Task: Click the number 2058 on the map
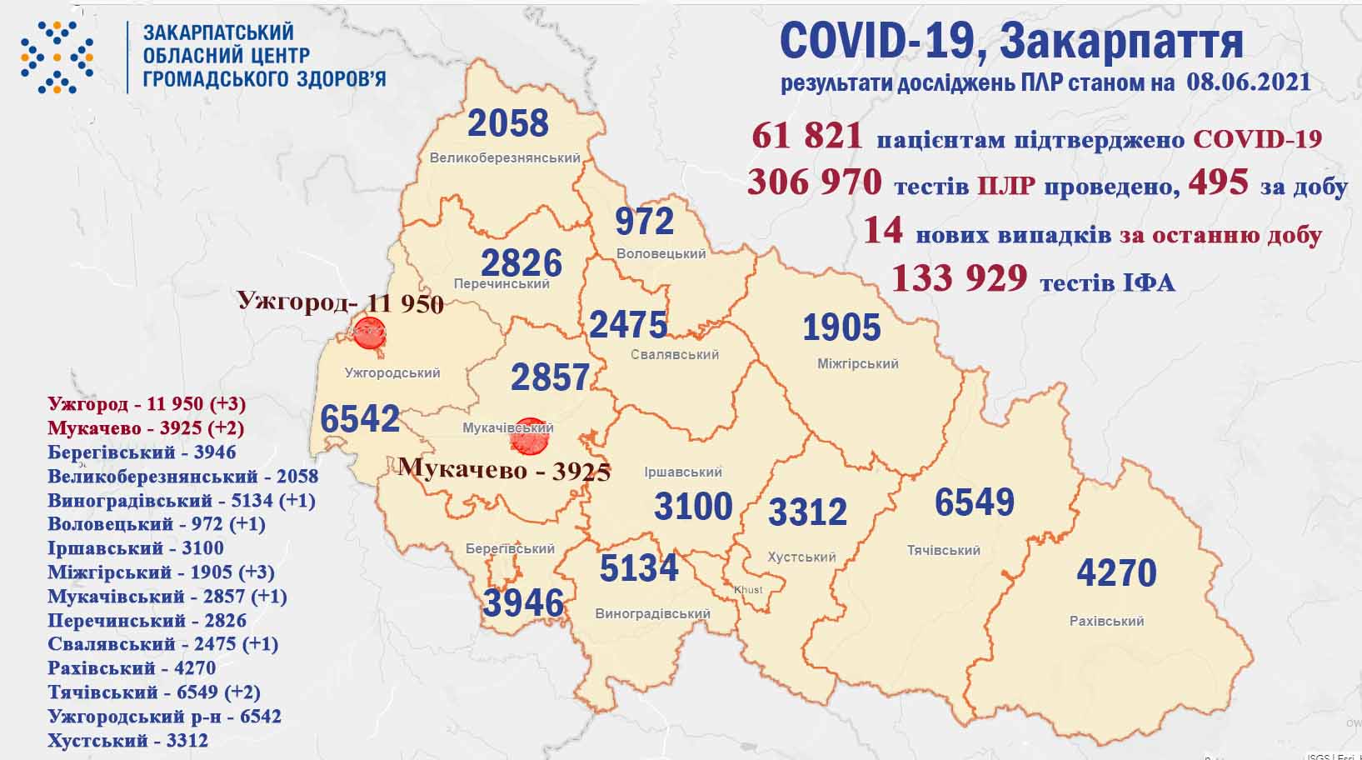click(508, 123)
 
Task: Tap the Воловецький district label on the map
click(661, 253)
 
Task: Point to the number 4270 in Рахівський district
click(1116, 573)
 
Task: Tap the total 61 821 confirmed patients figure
click(806, 137)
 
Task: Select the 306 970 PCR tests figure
click(814, 182)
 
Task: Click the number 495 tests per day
click(1218, 182)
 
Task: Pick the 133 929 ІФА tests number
click(959, 278)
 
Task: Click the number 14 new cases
click(883, 231)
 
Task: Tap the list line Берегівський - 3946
click(142, 452)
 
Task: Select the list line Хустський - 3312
click(127, 740)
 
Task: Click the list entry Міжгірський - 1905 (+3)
click(161, 572)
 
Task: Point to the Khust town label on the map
click(748, 589)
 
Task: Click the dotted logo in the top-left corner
click(57, 57)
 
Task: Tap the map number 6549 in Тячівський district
click(974, 502)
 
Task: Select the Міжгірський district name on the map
click(857, 363)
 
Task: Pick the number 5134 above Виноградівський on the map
click(639, 568)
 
